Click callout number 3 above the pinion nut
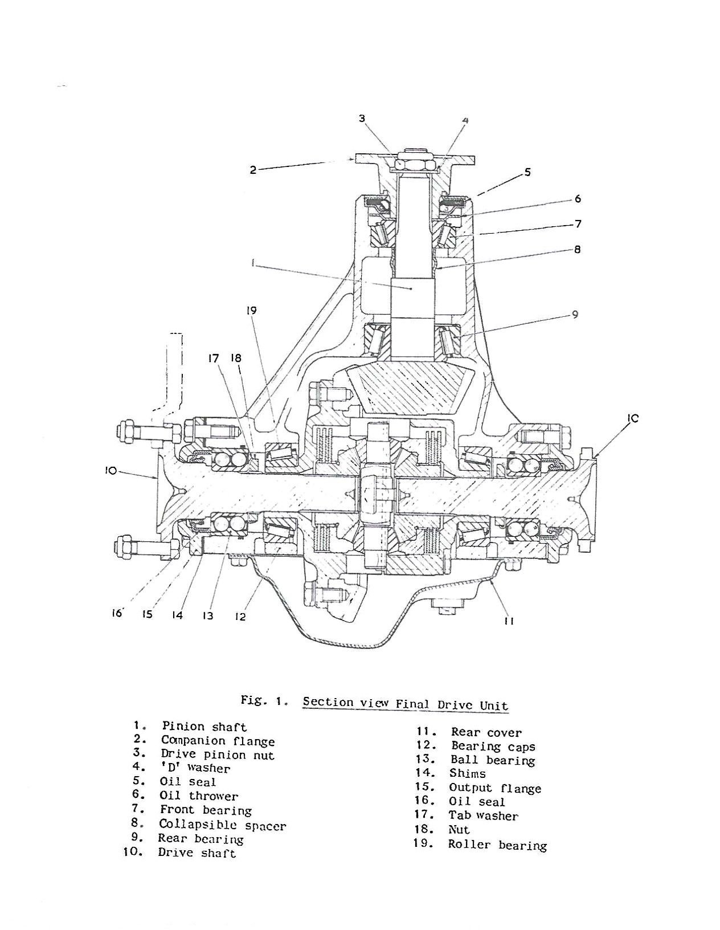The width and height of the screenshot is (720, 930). click(x=362, y=119)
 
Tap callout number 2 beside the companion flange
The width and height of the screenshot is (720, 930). click(x=253, y=169)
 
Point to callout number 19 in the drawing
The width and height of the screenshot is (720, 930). click(x=251, y=311)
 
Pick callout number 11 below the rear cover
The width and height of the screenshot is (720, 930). click(x=509, y=621)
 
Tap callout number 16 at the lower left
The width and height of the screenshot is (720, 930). click(x=117, y=614)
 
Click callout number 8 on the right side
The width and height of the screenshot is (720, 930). click(x=578, y=249)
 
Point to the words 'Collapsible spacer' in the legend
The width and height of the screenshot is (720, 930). click(x=222, y=825)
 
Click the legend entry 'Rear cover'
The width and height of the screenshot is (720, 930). click(x=486, y=733)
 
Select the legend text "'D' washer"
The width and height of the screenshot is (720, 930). click(x=195, y=768)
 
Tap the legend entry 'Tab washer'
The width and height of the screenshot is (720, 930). click(x=483, y=815)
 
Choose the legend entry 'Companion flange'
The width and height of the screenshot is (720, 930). click(x=218, y=741)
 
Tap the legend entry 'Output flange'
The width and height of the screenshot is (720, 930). click(x=494, y=788)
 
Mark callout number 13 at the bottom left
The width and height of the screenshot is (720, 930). click(x=207, y=616)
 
